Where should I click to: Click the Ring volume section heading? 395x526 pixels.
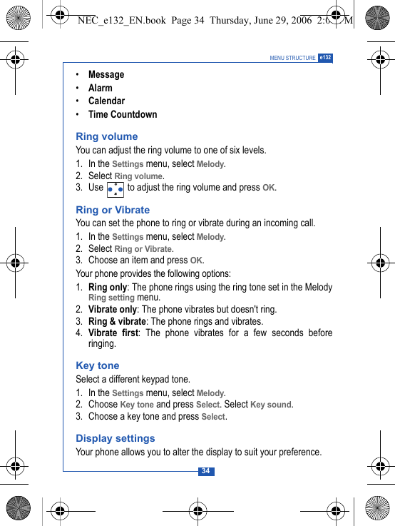[107, 136]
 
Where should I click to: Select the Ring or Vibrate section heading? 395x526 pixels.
[113, 210]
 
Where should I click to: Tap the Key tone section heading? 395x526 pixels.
[98, 365]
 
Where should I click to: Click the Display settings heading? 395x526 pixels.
[116, 438]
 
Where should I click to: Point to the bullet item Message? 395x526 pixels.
[106, 74]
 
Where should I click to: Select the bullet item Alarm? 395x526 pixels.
[101, 88]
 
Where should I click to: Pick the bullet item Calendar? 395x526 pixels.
[106, 101]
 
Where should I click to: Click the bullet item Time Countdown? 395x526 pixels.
[123, 114]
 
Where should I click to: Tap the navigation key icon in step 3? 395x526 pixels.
[115, 189]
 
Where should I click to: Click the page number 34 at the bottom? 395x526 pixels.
[205, 471]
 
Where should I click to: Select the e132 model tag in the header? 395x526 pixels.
[325, 57]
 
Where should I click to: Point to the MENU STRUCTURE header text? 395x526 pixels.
[292, 58]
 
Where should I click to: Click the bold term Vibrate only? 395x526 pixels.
[113, 309]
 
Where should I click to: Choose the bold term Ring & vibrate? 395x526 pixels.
[117, 321]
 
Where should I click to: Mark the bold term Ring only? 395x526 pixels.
[108, 287]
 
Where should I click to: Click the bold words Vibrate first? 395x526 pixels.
[113, 333]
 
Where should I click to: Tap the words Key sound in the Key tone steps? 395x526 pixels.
[270, 405]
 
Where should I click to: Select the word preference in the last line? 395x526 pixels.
[297, 452]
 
